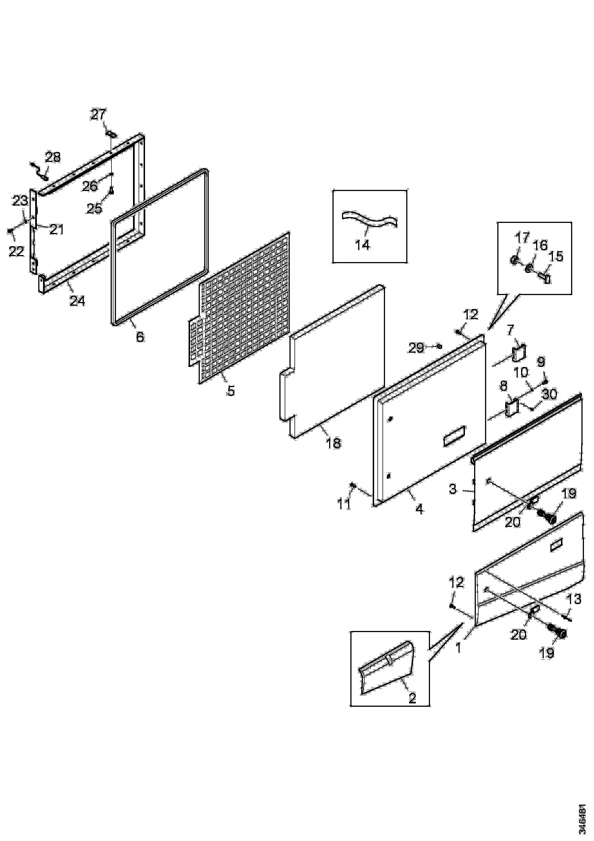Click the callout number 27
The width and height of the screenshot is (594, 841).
click(x=98, y=115)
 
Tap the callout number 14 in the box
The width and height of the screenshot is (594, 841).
click(x=362, y=245)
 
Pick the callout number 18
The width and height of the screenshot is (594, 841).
click(x=333, y=444)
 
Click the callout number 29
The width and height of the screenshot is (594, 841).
click(x=416, y=348)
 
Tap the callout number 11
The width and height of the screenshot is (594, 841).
click(x=344, y=504)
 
